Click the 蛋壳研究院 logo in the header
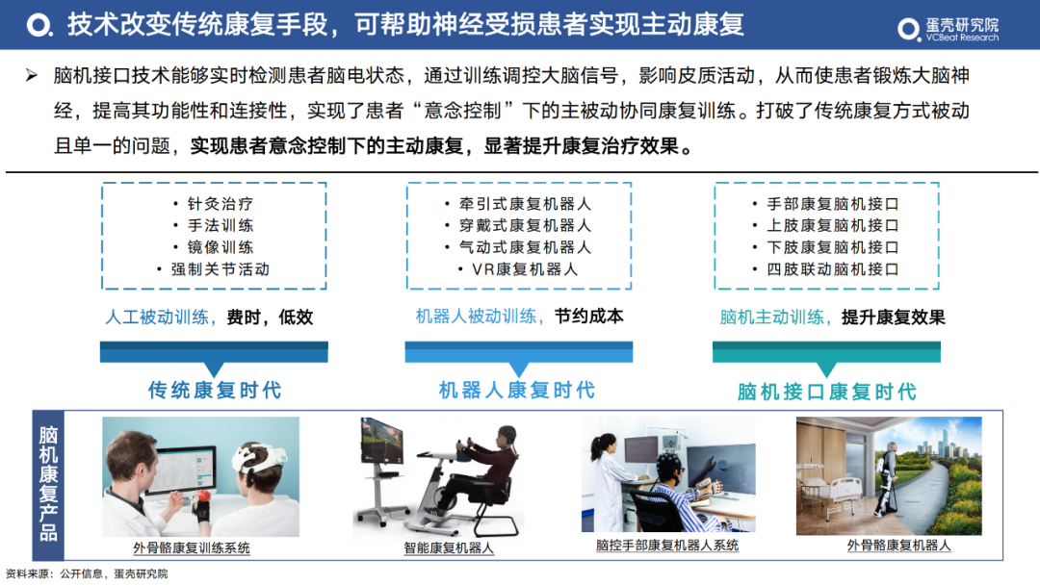[x=948, y=29]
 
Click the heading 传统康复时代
[x=215, y=390]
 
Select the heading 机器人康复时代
[x=517, y=390]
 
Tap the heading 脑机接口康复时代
[x=827, y=392]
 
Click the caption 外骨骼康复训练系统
[x=192, y=547]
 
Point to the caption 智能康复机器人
[x=449, y=547]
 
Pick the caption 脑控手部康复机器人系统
[x=667, y=546]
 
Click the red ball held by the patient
[x=204, y=496]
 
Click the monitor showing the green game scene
[x=381, y=442]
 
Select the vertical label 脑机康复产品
[x=48, y=485]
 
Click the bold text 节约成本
[x=589, y=317]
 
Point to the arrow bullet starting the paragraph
[x=31, y=75]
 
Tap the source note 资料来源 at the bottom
[x=87, y=573]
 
